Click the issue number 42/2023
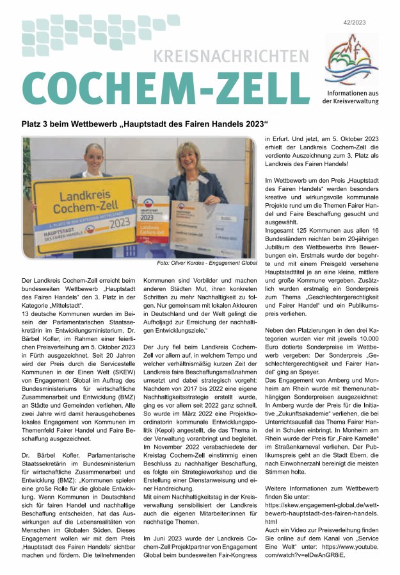pyautogui.click(x=373, y=22)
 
